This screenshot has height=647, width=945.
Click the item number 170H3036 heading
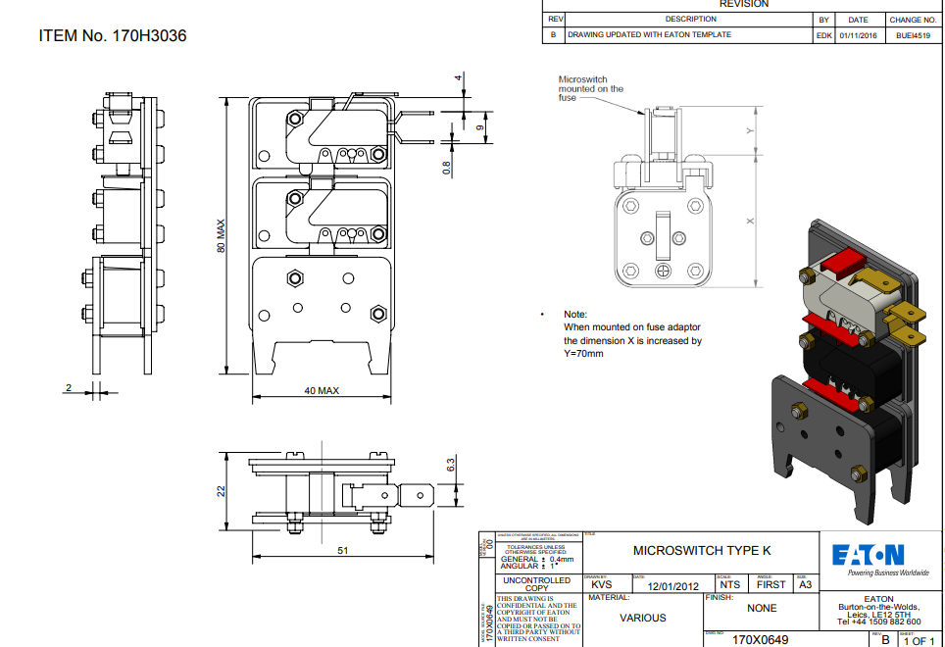(x=112, y=36)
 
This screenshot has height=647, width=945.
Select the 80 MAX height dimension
(x=221, y=235)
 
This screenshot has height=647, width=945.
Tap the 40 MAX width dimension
(x=321, y=390)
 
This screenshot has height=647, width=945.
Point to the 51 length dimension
(x=343, y=550)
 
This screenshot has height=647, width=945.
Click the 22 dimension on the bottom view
(x=222, y=489)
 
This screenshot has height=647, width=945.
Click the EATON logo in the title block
(x=869, y=555)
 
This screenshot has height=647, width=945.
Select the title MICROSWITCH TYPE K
(x=696, y=551)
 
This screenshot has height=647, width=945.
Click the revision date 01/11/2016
(x=858, y=34)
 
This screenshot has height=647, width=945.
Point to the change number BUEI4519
(x=912, y=34)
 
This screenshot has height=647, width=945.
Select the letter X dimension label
(x=750, y=222)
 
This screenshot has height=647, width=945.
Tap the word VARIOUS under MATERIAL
(x=643, y=618)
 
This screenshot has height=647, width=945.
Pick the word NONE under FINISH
(x=762, y=608)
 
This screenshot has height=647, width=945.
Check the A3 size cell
(x=805, y=584)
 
